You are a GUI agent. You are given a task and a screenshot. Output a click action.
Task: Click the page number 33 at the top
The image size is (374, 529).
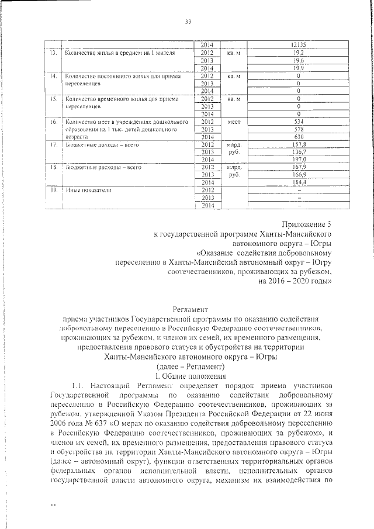click(188, 22)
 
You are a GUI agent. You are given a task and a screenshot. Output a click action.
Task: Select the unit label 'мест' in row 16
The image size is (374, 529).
click(234, 122)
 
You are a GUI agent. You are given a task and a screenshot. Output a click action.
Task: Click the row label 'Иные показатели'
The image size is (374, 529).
click(88, 191)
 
